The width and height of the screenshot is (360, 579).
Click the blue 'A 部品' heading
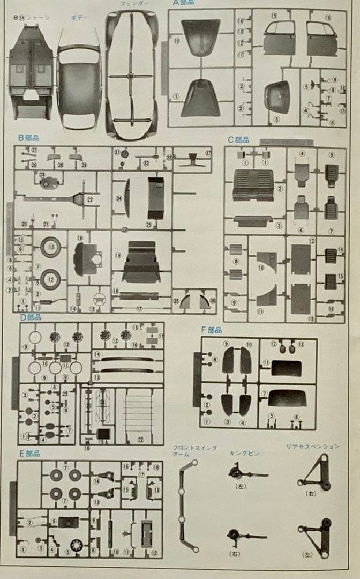(183, 3)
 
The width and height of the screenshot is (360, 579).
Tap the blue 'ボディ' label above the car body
(79, 18)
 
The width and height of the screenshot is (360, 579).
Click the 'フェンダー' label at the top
(131, 3)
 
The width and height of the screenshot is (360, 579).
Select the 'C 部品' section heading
(238, 140)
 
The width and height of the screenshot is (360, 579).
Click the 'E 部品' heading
(29, 453)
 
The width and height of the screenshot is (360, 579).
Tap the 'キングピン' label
(244, 454)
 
